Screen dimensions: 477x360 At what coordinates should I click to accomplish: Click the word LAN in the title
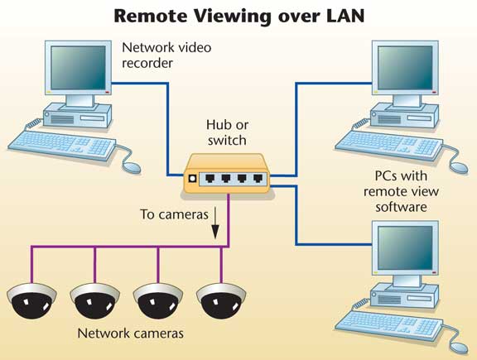[345, 16]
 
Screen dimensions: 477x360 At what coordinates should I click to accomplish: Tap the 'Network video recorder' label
[166, 55]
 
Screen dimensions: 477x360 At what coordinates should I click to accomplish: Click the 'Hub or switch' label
[227, 132]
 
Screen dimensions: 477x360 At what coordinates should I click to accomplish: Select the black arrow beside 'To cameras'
[215, 223]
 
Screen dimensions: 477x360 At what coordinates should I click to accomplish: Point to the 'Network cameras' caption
[131, 334]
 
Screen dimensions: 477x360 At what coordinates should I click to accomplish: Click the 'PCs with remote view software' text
[402, 191]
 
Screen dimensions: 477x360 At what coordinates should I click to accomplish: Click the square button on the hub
[192, 179]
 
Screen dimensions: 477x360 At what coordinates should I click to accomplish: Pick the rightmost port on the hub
[258, 178]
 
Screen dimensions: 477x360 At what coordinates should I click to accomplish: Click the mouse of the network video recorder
[132, 167]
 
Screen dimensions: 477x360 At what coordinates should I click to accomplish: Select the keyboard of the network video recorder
[62, 146]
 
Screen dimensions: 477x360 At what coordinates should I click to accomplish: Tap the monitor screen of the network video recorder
[79, 68]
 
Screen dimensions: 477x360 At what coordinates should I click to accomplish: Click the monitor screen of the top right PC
[405, 68]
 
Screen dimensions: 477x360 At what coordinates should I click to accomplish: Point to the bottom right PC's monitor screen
[405, 247]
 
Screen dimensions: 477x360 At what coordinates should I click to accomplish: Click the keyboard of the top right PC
[388, 146]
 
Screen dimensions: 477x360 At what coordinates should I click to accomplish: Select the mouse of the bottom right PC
[459, 348]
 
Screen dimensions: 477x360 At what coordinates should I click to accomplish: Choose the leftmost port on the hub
[210, 178]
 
